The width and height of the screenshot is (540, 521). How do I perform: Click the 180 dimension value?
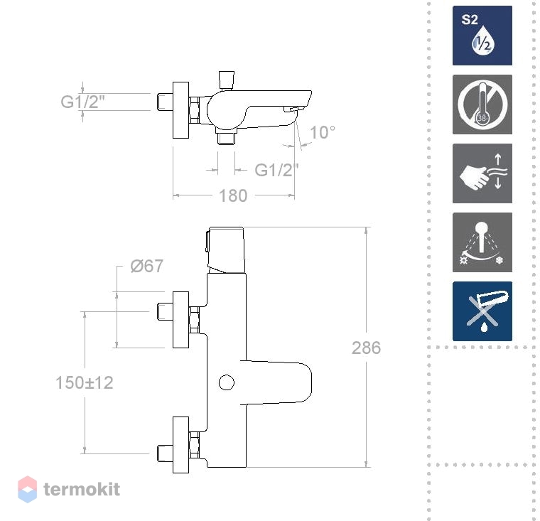point(233,195)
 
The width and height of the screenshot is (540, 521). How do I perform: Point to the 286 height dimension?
point(366,348)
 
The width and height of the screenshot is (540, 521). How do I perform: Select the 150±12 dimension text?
point(85,382)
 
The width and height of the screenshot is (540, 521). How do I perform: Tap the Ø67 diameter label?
point(146,266)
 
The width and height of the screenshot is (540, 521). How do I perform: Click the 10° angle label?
point(323,132)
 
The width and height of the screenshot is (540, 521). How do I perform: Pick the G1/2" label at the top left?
point(82,102)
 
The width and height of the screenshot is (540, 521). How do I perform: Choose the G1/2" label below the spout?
point(276,170)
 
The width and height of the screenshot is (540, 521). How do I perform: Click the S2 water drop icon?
point(482,36)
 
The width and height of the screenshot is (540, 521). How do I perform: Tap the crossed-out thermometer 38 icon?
point(482,104)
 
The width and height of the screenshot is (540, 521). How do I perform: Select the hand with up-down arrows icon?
point(482,173)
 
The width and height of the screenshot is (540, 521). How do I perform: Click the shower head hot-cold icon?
point(482,242)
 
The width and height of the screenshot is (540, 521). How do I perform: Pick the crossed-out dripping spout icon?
point(482,311)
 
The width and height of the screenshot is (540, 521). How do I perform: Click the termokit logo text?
point(82,489)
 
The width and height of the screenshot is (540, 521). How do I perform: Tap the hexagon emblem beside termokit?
point(27,489)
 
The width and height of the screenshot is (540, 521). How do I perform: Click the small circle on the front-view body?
point(227,382)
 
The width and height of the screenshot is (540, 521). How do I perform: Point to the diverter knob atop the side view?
point(226,80)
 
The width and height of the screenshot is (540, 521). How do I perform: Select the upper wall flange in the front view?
point(180,320)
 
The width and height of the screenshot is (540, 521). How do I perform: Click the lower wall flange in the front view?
point(180,445)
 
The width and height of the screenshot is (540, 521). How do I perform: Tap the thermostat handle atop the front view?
point(225,249)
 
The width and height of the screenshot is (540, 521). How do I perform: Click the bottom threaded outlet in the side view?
point(226,136)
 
